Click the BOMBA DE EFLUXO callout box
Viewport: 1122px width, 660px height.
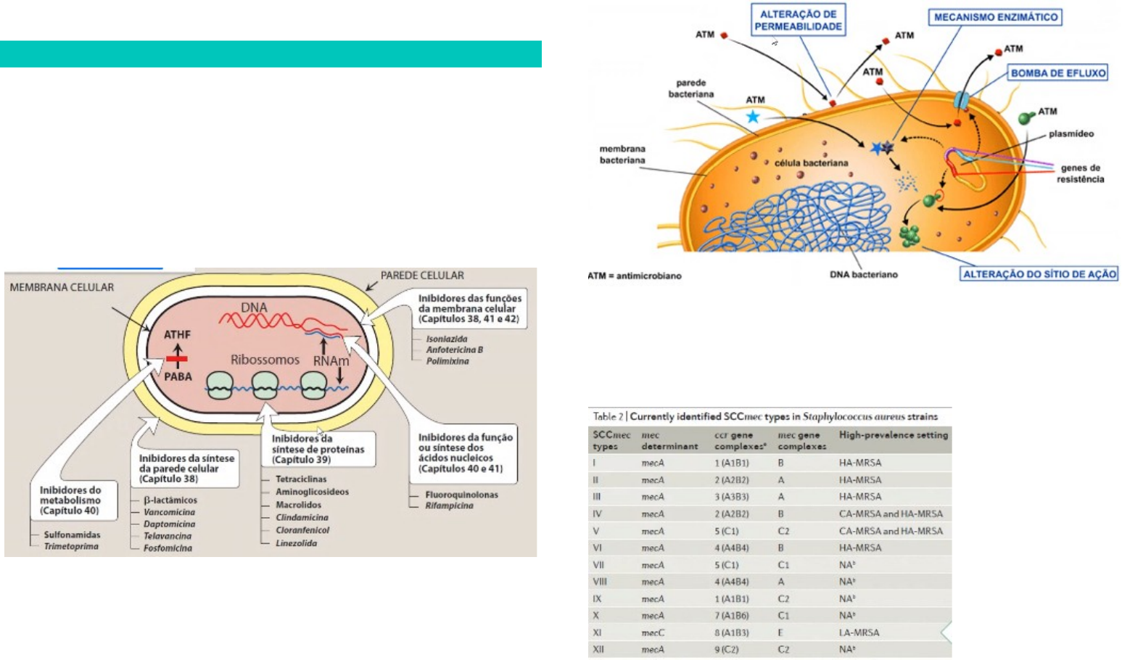1058,73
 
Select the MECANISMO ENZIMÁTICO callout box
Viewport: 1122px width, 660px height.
995,17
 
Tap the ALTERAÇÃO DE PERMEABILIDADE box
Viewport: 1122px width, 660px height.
798,20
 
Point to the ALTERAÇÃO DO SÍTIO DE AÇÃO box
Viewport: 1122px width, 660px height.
1039,274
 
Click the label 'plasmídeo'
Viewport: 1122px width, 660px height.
1071,134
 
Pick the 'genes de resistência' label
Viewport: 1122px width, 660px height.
1080,173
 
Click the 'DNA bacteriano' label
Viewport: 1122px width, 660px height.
863,275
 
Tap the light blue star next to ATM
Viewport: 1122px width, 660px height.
753,116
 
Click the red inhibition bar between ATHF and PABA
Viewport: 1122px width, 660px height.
177,358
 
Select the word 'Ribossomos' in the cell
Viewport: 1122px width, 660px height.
265,360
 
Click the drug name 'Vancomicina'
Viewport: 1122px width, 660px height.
169,512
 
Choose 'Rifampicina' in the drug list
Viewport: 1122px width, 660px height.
449,506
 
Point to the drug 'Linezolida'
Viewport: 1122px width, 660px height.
296,543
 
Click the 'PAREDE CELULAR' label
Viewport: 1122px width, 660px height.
422,276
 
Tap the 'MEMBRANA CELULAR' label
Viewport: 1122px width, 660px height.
62,287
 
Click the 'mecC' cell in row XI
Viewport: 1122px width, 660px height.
653,633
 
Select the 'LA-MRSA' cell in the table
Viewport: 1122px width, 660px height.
859,633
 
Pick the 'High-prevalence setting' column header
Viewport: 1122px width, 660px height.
893,435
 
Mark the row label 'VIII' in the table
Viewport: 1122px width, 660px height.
600,582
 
